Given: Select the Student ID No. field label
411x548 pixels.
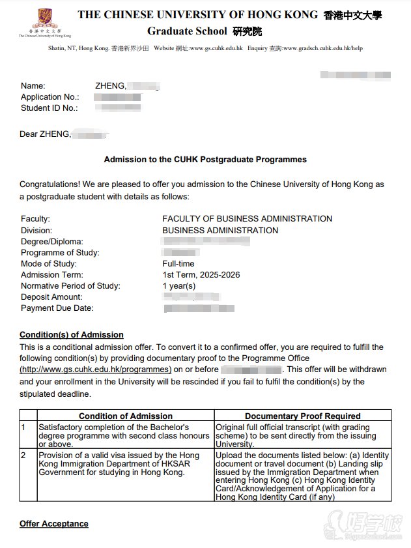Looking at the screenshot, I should tap(50, 108).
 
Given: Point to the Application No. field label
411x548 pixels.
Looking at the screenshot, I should tap(51, 97).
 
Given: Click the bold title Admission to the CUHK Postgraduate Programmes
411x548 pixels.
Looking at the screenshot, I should tap(205, 160).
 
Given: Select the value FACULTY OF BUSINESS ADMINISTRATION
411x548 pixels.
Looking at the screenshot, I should tap(247, 219).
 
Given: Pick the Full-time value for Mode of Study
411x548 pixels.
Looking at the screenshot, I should tap(178, 264).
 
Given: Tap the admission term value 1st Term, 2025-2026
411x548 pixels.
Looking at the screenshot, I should tap(201, 275).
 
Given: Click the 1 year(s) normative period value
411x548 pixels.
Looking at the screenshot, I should tap(178, 286).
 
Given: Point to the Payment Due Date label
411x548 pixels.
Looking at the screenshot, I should tap(57, 308).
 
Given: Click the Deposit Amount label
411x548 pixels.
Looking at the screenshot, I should tap(51, 297).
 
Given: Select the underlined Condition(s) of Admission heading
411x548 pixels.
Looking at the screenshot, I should tap(72, 336).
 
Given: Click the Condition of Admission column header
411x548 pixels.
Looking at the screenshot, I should tap(126, 416).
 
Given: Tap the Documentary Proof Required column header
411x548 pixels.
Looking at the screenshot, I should tap(302, 416).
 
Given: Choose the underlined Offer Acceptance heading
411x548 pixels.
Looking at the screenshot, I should tap(54, 524).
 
